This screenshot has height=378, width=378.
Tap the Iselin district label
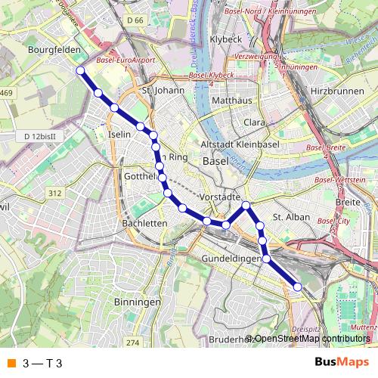pyautogui.click(x=120, y=133)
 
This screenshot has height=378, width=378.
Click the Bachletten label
pyautogui.click(x=144, y=224)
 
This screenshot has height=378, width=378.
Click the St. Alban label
pyautogui.click(x=287, y=217)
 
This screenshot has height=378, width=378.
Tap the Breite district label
pyautogui.click(x=348, y=202)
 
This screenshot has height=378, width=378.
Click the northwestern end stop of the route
pyautogui.click(x=80, y=70)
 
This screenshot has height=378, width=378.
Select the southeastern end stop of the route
pyautogui.click(x=298, y=287)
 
